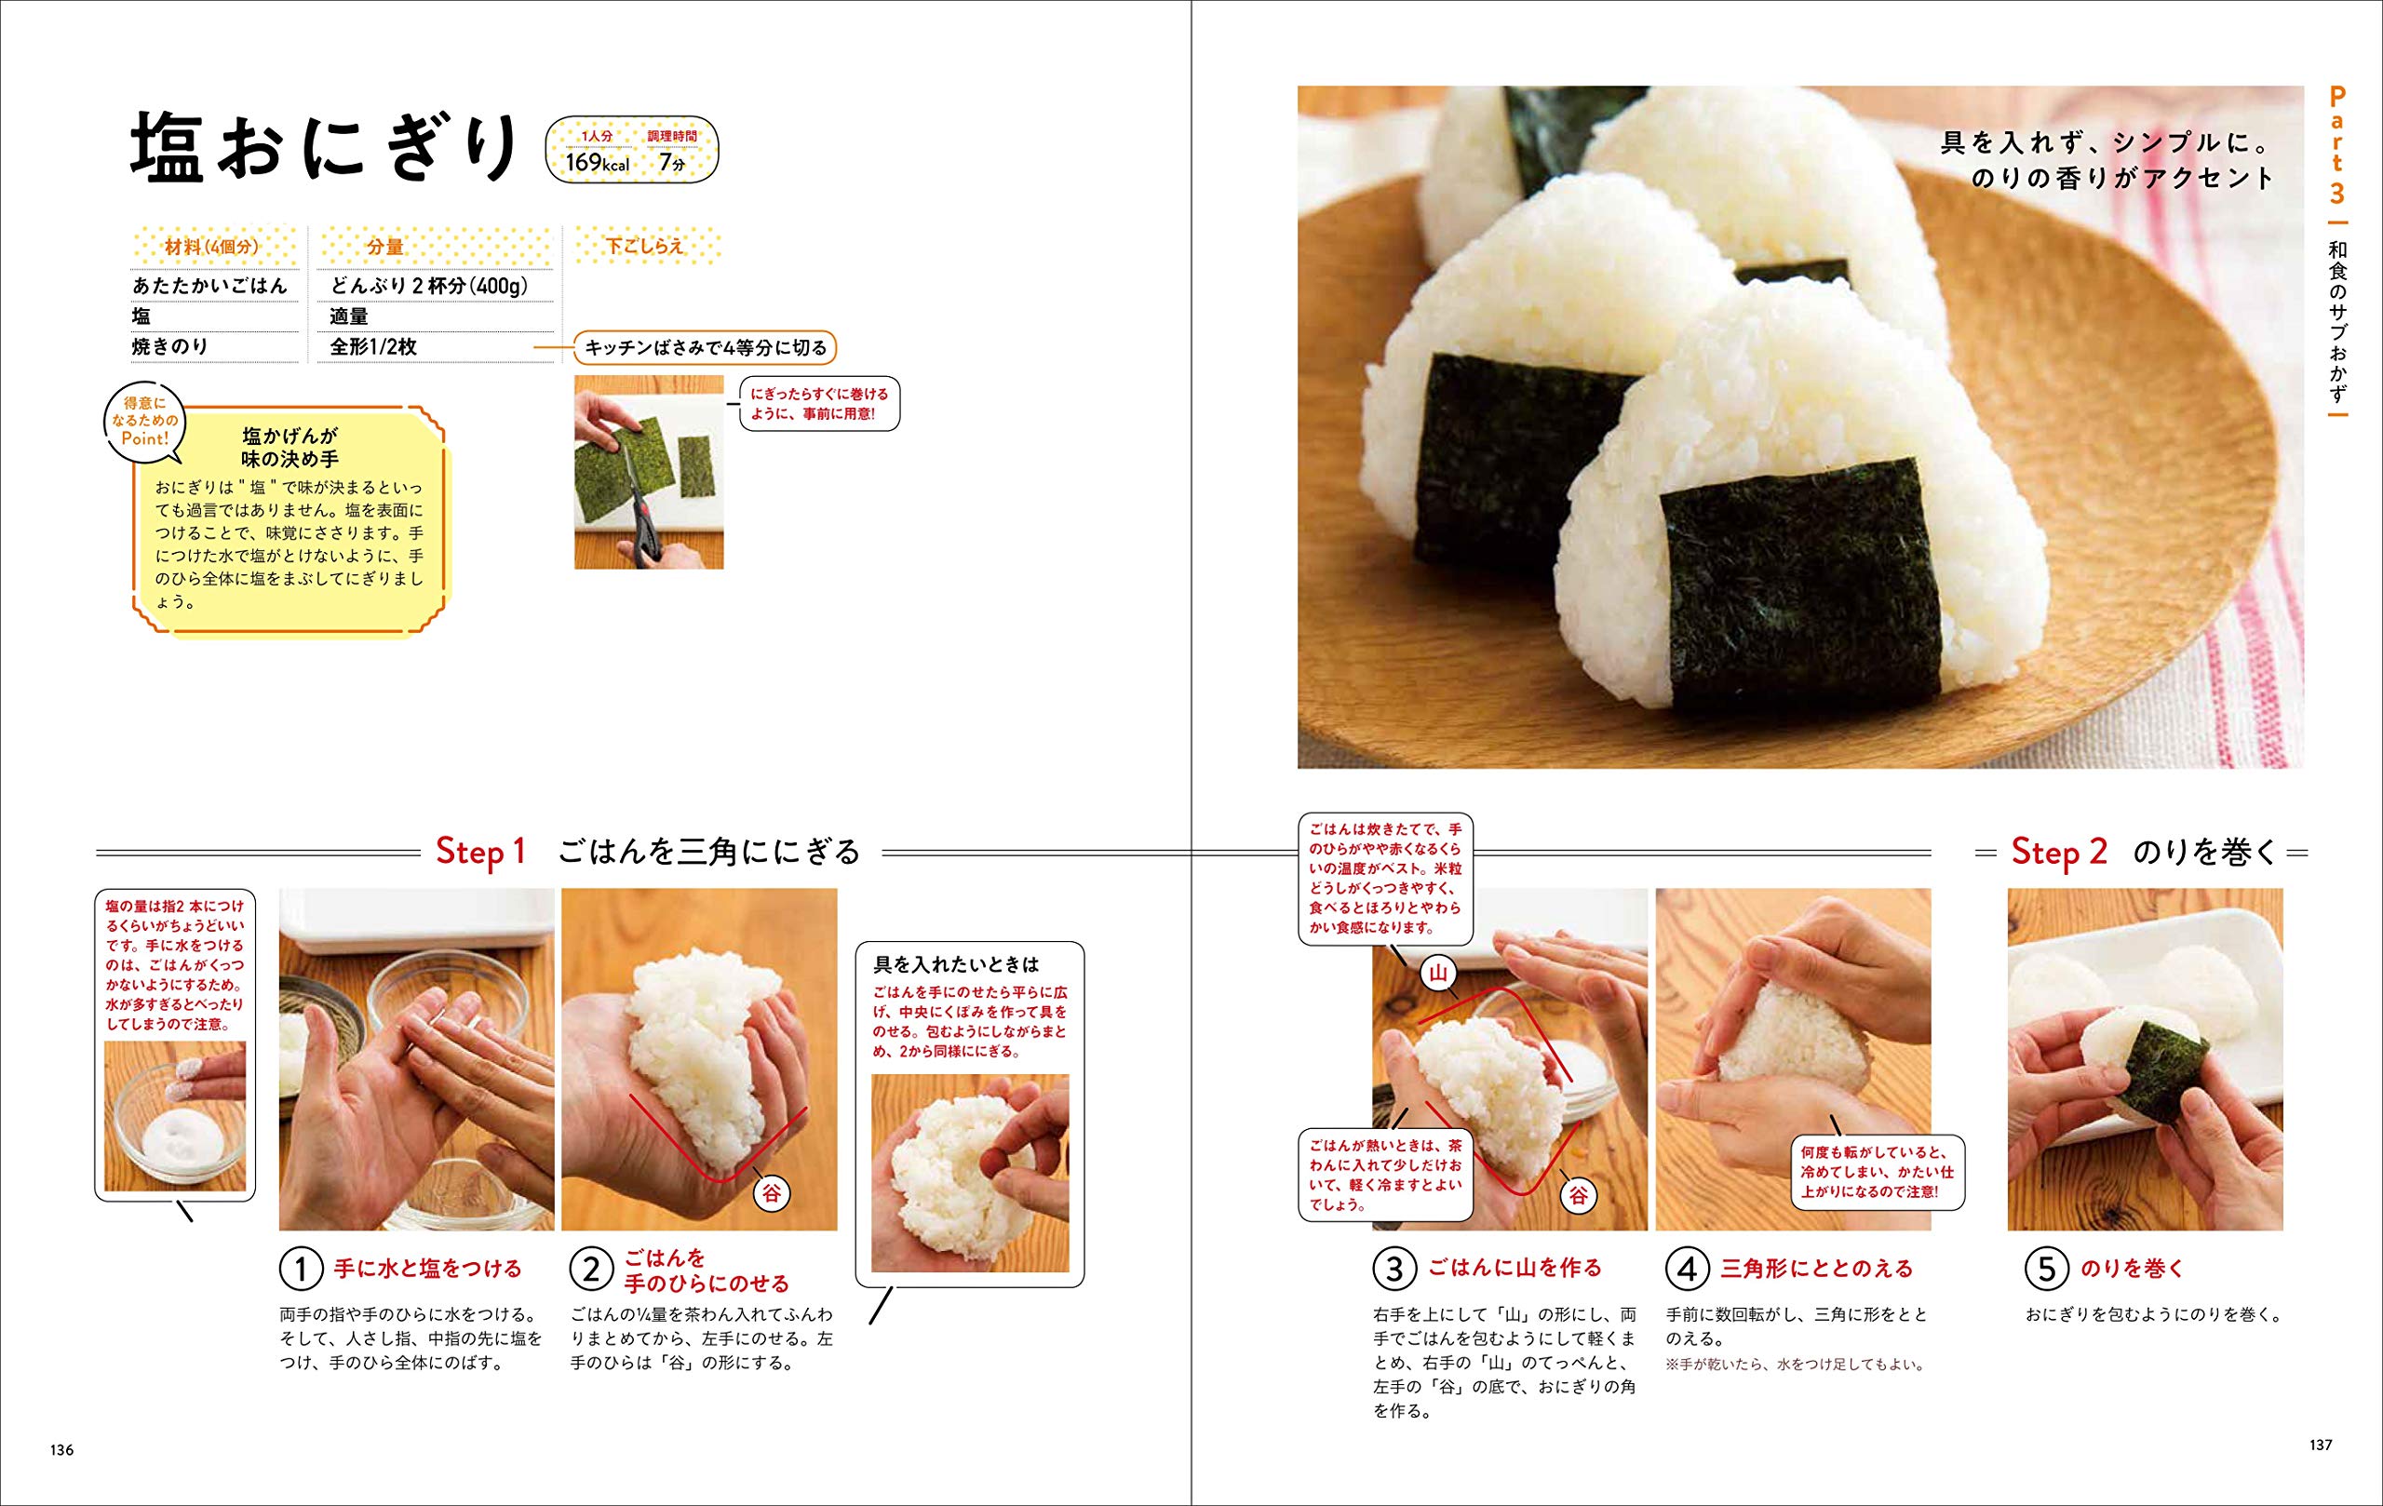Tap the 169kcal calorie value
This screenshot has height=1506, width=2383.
(x=597, y=163)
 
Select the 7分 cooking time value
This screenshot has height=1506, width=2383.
(x=672, y=163)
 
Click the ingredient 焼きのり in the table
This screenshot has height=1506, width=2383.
(x=170, y=346)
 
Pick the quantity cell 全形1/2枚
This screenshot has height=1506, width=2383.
(x=373, y=346)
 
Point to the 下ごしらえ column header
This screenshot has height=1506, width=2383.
(x=644, y=246)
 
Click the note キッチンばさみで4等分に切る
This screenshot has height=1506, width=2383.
(x=706, y=348)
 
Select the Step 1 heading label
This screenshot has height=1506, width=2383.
(x=481, y=851)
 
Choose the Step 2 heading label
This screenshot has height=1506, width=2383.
(x=2059, y=851)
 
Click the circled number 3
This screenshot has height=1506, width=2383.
(x=1393, y=1269)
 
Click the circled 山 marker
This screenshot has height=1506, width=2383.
(x=1439, y=974)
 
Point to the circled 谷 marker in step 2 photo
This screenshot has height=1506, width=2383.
(x=771, y=1193)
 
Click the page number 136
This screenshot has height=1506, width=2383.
(x=61, y=1449)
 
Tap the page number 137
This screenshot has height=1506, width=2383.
(x=2321, y=1445)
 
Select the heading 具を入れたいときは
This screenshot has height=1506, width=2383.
(x=956, y=962)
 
